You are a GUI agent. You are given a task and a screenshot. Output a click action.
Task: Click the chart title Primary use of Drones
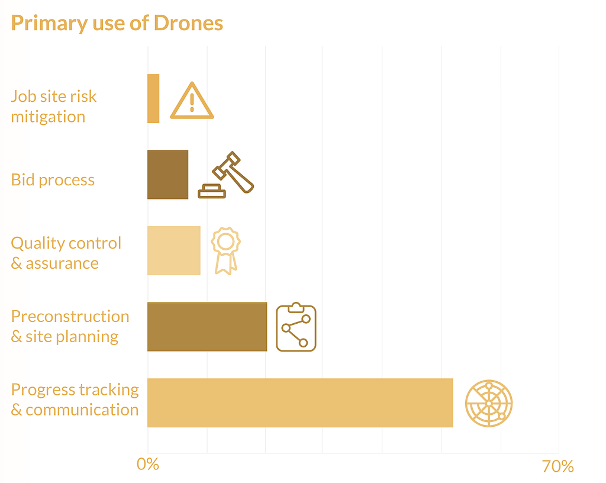click(117, 24)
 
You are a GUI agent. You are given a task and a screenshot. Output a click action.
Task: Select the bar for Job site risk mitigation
click(153, 98)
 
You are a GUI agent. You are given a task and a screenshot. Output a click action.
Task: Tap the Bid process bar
click(167, 175)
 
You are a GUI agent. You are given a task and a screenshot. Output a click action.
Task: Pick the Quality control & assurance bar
click(173, 250)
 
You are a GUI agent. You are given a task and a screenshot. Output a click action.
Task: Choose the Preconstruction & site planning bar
click(207, 327)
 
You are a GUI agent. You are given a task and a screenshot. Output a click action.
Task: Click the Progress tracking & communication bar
click(300, 402)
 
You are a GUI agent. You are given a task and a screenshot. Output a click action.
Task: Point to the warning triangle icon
click(191, 101)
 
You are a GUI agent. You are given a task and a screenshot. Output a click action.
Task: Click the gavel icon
click(226, 175)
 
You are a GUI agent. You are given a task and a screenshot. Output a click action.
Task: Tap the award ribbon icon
click(225, 250)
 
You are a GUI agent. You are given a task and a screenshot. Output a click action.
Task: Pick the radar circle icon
click(488, 402)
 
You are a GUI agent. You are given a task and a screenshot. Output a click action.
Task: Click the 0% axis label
click(147, 465)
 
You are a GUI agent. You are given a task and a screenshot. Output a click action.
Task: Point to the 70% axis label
click(557, 466)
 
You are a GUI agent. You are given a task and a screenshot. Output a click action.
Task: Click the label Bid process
click(53, 180)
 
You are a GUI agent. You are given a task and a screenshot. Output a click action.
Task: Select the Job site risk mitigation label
click(53, 107)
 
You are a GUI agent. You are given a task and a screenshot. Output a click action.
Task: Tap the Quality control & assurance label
click(66, 253)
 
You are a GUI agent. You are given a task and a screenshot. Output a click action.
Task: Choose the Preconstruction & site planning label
click(70, 326)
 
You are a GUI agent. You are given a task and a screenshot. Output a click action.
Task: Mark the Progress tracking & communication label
click(75, 400)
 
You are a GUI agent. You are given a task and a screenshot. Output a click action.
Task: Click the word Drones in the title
click(188, 24)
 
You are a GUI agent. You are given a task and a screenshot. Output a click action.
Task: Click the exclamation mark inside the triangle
click(192, 104)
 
